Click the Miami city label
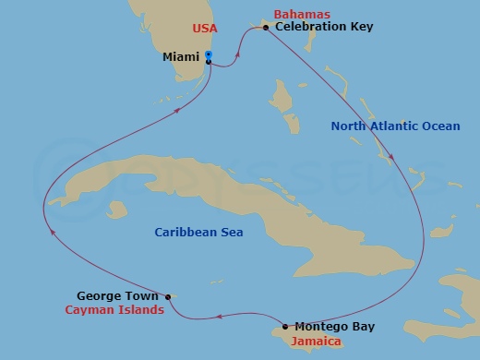pyautogui.click(x=181, y=57)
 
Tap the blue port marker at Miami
pyautogui.click(x=209, y=57)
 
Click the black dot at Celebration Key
pyautogui.click(x=266, y=28)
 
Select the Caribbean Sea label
pyautogui.click(x=198, y=233)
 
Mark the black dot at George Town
pyautogui.click(x=168, y=296)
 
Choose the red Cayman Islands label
pyautogui.click(x=114, y=310)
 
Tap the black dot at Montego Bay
pyautogui.click(x=285, y=326)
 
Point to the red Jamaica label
pyautogui.click(x=317, y=342)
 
